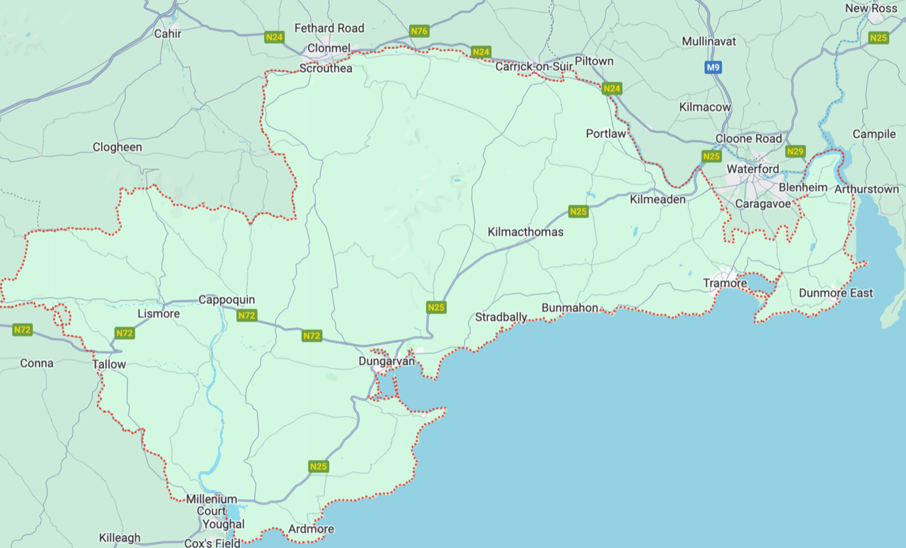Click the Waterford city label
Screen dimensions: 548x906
pos(752,169)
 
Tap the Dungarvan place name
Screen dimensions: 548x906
pos(386,361)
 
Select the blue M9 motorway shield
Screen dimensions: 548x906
pos(713,68)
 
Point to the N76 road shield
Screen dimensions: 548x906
pos(419,31)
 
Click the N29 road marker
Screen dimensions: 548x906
pos(796,151)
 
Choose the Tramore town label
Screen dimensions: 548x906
pos(725,283)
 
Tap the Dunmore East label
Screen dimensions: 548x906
pos(835,293)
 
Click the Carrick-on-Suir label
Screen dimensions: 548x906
pos(534,66)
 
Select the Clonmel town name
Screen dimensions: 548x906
pos(328,48)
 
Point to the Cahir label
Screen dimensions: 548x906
pos(168,33)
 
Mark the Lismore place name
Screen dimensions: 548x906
pos(159,313)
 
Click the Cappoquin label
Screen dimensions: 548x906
pos(226,300)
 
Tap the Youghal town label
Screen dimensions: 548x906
pos(223,524)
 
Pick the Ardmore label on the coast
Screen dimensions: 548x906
pos(311,529)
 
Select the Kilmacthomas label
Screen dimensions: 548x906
pos(525,232)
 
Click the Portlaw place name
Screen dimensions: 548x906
pos(606,134)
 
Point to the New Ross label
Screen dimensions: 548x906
pos(871,8)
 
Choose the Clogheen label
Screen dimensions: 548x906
pos(117,147)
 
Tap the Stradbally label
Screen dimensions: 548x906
pos(500,317)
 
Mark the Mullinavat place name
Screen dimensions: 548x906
pos(709,41)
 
